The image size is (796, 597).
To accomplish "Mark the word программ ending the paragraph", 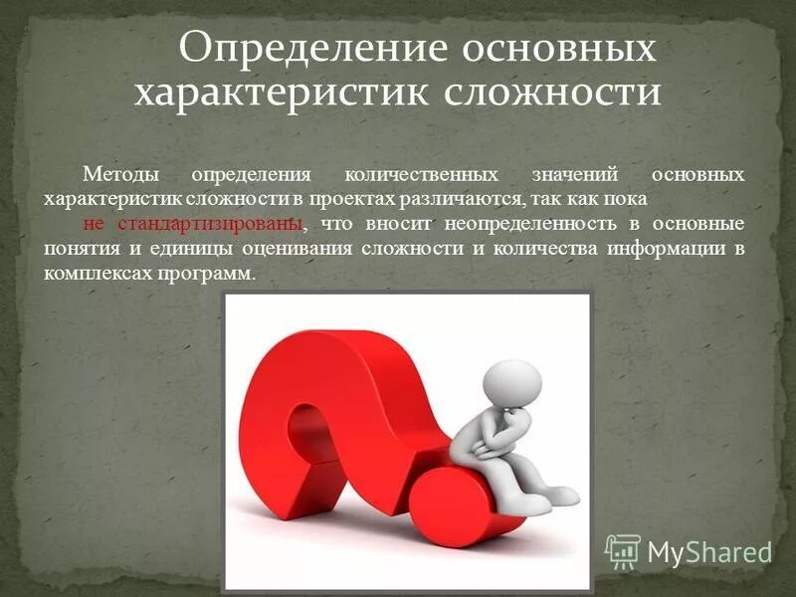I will (x=210, y=273).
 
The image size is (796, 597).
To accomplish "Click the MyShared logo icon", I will (x=623, y=549).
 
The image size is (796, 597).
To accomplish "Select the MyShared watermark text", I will (x=709, y=551).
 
